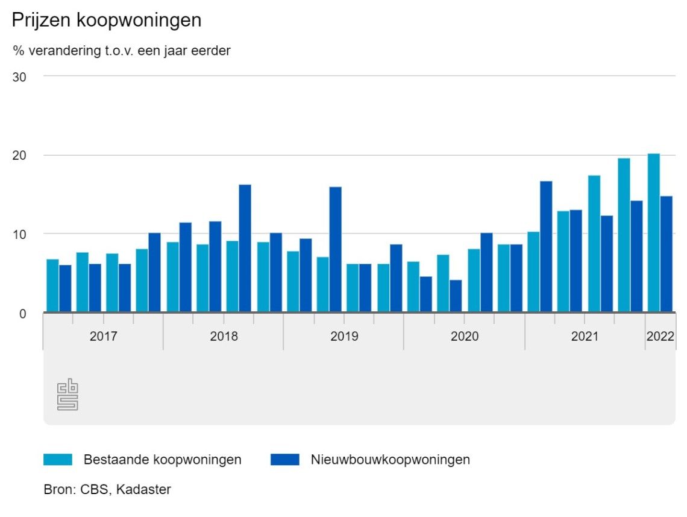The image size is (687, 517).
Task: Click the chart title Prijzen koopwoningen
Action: (106, 21)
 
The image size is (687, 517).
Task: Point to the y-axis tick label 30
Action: (19, 77)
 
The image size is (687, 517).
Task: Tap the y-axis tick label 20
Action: (19, 156)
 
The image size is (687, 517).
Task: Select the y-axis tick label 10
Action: (19, 234)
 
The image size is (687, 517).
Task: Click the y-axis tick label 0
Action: (22, 313)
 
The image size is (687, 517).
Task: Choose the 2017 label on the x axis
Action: (103, 337)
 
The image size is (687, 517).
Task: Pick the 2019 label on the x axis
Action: (344, 337)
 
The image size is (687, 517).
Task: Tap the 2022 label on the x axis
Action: (660, 337)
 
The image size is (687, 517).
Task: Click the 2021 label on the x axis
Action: (585, 337)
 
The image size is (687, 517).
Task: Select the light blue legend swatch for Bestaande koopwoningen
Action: (58, 460)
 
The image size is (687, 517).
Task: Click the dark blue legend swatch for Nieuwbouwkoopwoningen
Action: (284, 460)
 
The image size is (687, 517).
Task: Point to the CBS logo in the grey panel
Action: (67, 395)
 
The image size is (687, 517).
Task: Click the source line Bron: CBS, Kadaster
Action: (107, 489)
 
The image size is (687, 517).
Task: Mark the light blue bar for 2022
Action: (653, 233)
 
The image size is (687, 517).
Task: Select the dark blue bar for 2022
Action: (666, 254)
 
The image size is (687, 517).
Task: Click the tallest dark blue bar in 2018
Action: (245, 248)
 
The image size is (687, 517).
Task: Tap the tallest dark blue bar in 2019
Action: (335, 249)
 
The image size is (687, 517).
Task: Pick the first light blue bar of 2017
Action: (52, 285)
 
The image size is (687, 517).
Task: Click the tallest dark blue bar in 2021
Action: (545, 246)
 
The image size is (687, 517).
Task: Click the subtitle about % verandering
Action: (122, 51)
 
